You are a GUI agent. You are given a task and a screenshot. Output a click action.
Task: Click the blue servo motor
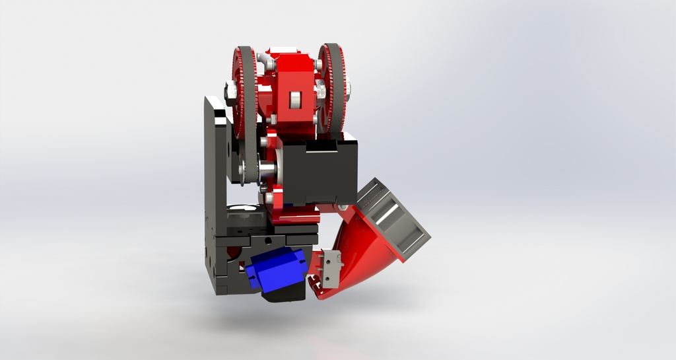click(x=277, y=270)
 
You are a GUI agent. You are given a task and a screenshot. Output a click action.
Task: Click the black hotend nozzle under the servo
click(x=284, y=295)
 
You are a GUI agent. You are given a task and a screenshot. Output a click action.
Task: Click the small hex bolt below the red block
click(x=271, y=120)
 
